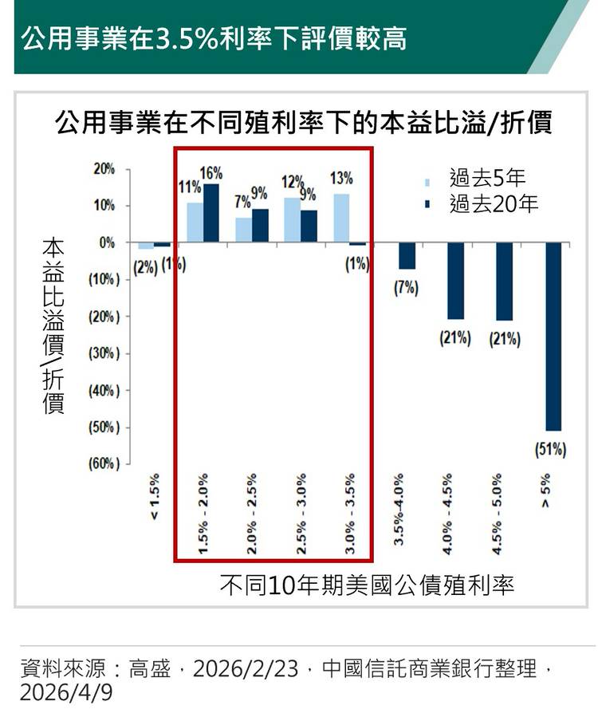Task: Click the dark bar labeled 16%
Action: point(211,212)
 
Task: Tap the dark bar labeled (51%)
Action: point(553,336)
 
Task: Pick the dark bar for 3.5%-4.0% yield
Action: point(407,256)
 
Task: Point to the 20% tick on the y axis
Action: point(104,169)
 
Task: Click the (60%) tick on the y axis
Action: point(103,464)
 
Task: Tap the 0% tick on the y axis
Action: point(107,242)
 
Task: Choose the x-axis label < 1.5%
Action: point(155,496)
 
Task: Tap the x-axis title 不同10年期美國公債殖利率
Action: point(367,585)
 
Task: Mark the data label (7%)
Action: point(407,288)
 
